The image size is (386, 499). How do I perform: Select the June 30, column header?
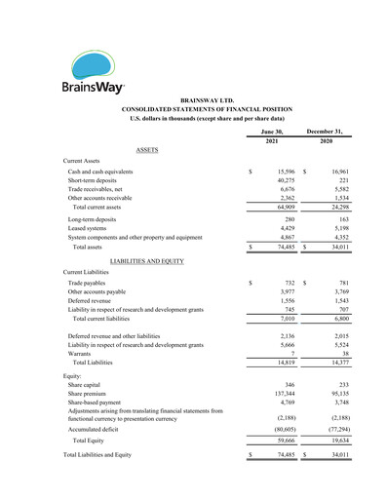point(272,130)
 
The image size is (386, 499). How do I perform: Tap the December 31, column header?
point(327,130)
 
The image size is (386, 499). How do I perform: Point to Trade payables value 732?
point(288,283)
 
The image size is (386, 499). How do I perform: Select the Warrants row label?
point(81,353)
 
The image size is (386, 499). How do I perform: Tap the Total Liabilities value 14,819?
point(284,363)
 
